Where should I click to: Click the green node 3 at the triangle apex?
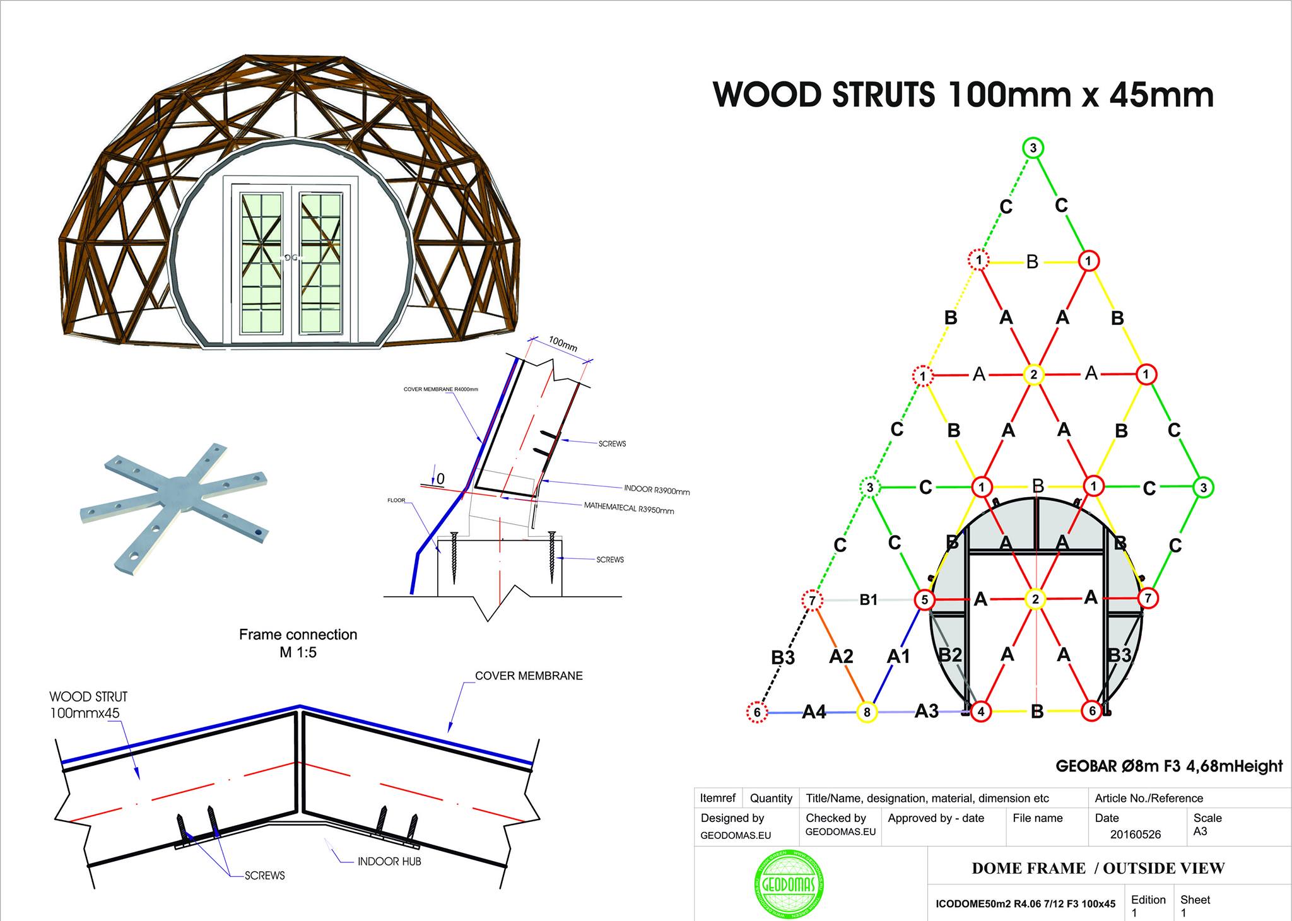point(1033,148)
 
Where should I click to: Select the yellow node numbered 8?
point(867,712)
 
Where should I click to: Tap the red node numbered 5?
point(924,599)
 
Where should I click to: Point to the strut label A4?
point(814,712)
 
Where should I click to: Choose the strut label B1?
point(869,599)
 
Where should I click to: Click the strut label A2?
point(841,657)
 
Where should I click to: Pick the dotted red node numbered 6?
point(757,713)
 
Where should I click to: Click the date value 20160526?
point(1135,834)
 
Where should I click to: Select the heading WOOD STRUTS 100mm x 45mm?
point(963,95)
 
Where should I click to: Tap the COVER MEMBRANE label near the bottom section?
point(529,676)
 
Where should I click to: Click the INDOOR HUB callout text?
point(389,861)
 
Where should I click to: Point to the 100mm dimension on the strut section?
point(562,344)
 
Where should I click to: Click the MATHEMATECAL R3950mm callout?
point(628,508)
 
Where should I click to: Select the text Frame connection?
point(298,635)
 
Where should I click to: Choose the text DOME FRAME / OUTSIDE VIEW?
point(1098,869)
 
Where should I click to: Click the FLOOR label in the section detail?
point(396,500)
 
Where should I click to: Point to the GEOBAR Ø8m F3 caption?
point(1169,766)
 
